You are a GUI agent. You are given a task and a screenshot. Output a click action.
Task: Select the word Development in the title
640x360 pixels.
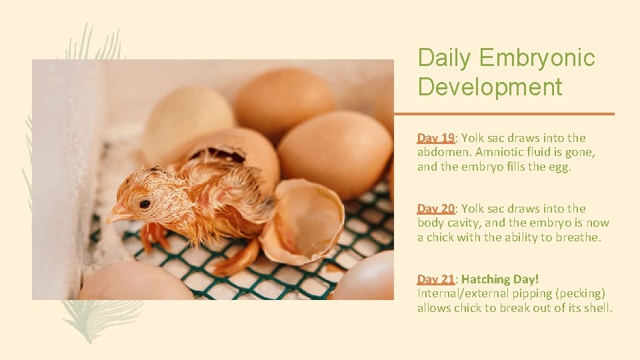click(x=490, y=87)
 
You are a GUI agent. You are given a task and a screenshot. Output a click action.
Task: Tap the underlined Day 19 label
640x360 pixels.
click(x=435, y=138)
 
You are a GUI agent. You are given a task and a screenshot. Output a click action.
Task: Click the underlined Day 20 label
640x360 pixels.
click(x=435, y=209)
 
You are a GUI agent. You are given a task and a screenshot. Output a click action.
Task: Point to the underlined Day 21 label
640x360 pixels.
click(x=435, y=279)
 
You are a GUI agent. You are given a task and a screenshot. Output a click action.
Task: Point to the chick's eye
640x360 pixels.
click(x=144, y=203)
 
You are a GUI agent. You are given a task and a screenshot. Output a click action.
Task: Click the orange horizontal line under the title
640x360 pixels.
click(x=503, y=114)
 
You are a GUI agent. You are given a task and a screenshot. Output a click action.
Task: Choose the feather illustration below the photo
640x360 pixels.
click(x=100, y=317)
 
